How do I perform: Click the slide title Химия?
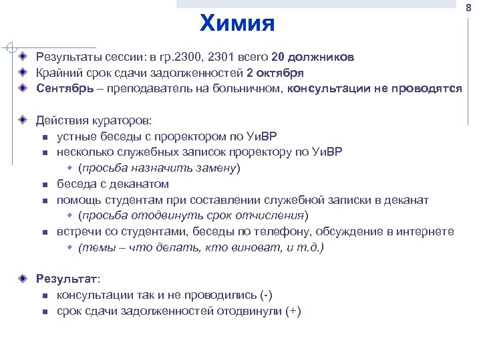click(x=237, y=23)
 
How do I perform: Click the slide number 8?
click(x=468, y=7)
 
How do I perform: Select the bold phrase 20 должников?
click(x=313, y=57)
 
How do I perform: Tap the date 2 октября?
click(x=275, y=73)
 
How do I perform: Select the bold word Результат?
click(x=66, y=279)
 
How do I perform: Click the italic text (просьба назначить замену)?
click(x=159, y=168)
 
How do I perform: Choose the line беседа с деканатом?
click(x=112, y=184)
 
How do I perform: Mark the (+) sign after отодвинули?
click(x=293, y=311)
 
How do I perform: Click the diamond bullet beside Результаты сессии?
click(x=22, y=57)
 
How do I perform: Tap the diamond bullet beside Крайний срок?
click(x=22, y=73)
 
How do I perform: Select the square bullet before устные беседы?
click(x=44, y=137)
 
